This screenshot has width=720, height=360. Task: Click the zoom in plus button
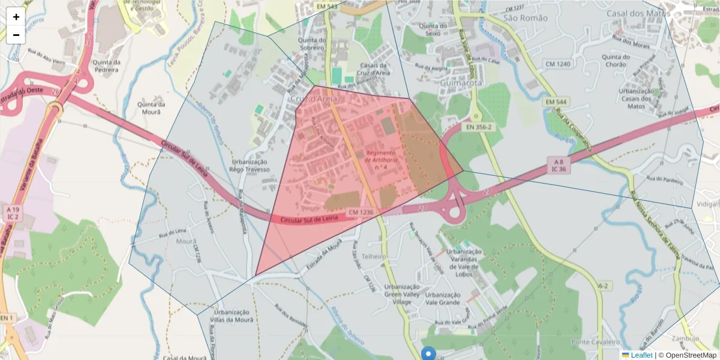click(x=16, y=17)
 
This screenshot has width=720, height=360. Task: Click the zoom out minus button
click(x=16, y=35)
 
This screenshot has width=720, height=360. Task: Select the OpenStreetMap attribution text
click(x=687, y=355)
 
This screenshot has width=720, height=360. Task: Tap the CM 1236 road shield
click(x=361, y=212)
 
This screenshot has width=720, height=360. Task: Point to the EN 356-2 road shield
click(x=478, y=127)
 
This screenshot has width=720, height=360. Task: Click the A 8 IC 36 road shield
click(x=559, y=166)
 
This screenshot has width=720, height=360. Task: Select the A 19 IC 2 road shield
click(x=12, y=212)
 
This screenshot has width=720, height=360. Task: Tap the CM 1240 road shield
click(x=557, y=64)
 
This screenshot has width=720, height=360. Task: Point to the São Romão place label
click(x=526, y=18)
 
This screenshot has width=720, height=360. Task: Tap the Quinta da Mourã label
click(x=147, y=107)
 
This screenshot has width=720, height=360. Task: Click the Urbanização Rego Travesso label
click(x=249, y=166)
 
